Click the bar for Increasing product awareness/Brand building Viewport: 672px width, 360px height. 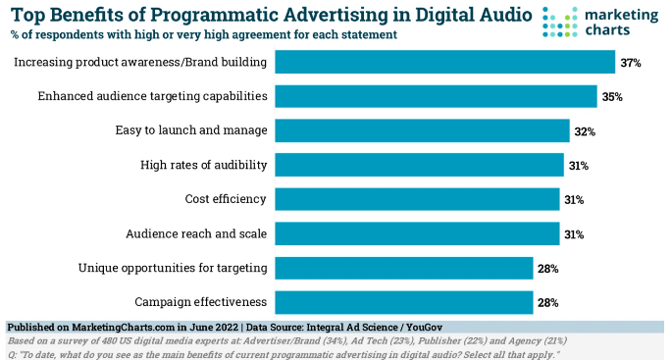(x=444, y=63)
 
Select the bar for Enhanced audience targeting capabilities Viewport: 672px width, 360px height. (x=436, y=96)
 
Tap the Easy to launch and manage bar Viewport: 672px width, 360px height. (x=422, y=130)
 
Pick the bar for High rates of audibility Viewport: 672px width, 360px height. (x=419, y=165)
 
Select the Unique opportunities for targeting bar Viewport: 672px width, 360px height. (x=403, y=268)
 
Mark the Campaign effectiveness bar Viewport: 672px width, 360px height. (x=403, y=301)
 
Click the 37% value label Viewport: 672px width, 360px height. (x=630, y=63)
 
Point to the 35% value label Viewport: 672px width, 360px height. (x=612, y=97)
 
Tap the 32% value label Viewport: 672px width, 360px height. (x=585, y=131)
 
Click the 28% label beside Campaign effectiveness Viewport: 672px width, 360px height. (x=547, y=302)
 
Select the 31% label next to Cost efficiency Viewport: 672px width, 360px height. (x=574, y=200)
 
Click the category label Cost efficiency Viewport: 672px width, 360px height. (x=226, y=199)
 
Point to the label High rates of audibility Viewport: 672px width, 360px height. (x=203, y=165)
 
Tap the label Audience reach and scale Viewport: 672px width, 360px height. (x=196, y=233)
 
